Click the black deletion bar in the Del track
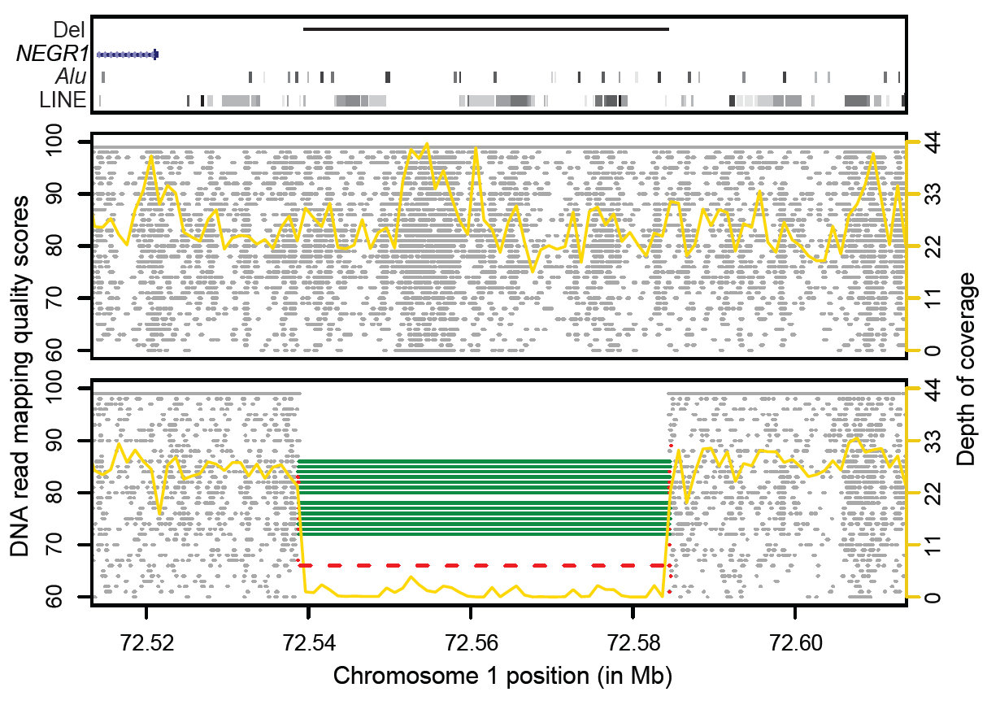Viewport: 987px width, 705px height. coord(485,29)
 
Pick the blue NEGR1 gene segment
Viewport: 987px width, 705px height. coord(128,54)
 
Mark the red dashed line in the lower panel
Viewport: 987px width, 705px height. coord(485,564)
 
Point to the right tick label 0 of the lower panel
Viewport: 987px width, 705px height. coord(935,598)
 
